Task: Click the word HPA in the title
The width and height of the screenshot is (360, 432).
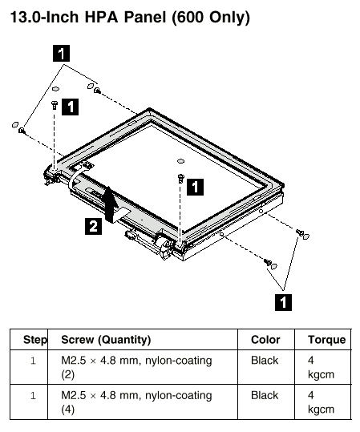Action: [101, 17]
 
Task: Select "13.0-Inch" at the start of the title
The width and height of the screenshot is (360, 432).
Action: [44, 17]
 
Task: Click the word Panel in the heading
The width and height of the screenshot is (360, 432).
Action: [144, 17]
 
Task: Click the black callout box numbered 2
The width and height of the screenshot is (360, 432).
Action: [93, 226]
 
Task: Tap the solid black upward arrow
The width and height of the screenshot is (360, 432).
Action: [111, 204]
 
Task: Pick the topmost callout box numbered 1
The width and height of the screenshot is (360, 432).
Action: [61, 54]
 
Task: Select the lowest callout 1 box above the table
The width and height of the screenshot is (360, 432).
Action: [283, 302]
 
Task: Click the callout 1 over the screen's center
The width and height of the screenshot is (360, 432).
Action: [195, 187]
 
